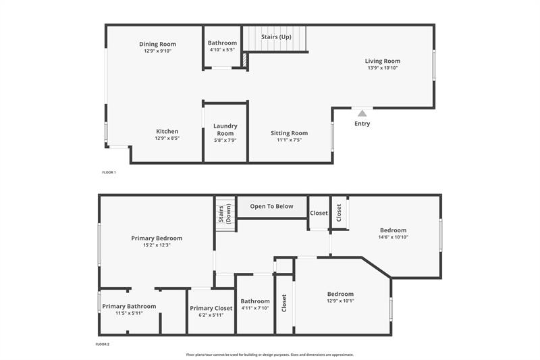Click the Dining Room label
pyautogui.click(x=157, y=45)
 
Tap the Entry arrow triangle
pyautogui.click(x=362, y=113)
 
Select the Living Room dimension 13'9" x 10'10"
pyautogui.click(x=383, y=68)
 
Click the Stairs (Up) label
pyautogui.click(x=275, y=36)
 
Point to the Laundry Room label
pyautogui.click(x=225, y=130)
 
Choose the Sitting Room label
pyautogui.click(x=289, y=133)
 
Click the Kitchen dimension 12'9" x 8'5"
pyautogui.click(x=167, y=138)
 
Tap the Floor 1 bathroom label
pyautogui.click(x=222, y=43)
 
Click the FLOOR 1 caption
pyautogui.click(x=109, y=172)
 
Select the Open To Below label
pyautogui.click(x=271, y=206)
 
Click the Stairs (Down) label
pyautogui.click(x=225, y=213)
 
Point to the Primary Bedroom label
pyautogui.click(x=157, y=238)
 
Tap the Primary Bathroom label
pyautogui.click(x=129, y=306)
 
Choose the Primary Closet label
pyautogui.click(x=211, y=308)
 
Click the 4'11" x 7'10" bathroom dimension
pyautogui.click(x=255, y=309)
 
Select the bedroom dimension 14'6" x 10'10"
pyautogui.click(x=393, y=237)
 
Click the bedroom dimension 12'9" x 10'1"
pyautogui.click(x=340, y=301)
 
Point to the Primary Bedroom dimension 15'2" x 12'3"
pyautogui.click(x=157, y=245)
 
